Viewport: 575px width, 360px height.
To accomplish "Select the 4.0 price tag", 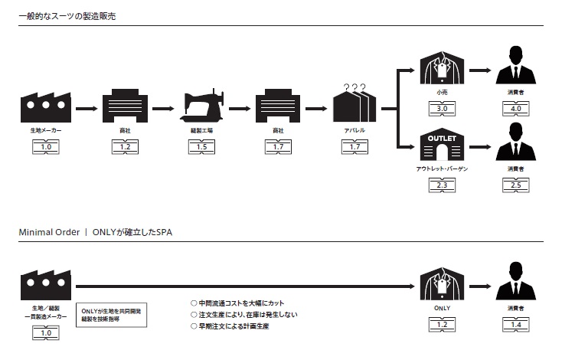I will coord(515,109).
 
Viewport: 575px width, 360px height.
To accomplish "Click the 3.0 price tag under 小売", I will coord(442,109).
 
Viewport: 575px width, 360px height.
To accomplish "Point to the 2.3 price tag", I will coord(442,185).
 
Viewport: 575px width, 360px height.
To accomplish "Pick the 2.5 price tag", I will coord(515,185).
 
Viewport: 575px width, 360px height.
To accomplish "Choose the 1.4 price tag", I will coord(515,326).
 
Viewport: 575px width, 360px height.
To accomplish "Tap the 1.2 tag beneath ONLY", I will coord(442,326).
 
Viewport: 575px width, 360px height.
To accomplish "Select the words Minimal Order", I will coord(49,232).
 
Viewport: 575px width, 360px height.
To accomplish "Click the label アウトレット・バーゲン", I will coord(442,168).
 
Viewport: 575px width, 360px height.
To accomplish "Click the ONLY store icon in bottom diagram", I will coord(442,282).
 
